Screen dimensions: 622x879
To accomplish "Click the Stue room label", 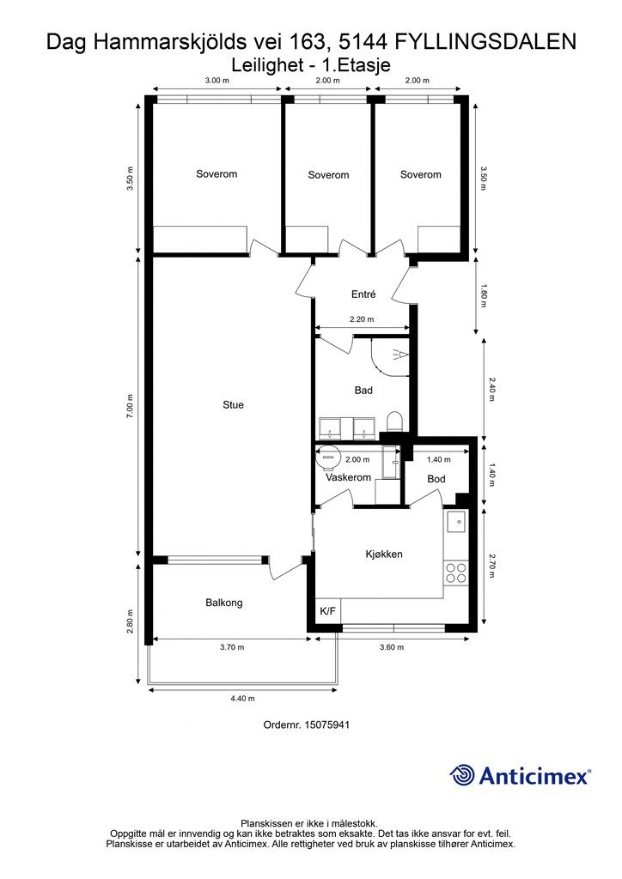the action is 233,405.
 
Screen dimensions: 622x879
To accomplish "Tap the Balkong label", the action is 223,603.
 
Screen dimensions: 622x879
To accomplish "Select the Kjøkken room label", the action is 384,554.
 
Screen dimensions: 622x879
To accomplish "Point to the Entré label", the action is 363,294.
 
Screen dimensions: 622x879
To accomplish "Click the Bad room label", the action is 363,391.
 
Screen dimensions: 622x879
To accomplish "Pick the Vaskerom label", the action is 348,477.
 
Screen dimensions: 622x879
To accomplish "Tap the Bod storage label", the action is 436,479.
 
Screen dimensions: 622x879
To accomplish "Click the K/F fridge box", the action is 327,610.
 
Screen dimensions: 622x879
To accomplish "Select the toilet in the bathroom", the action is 395,421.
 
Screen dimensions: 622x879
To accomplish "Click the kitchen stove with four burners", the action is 455,573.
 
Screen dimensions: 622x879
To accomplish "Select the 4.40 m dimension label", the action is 243,699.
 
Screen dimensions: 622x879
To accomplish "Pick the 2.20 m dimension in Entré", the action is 362,319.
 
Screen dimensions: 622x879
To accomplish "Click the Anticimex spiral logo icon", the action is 462,775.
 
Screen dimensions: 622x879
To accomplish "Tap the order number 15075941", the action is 327,724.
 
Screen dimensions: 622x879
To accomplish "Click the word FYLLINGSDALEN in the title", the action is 485,41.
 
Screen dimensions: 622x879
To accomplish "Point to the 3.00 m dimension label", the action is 217,80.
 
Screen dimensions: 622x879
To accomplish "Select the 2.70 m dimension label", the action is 492,566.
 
